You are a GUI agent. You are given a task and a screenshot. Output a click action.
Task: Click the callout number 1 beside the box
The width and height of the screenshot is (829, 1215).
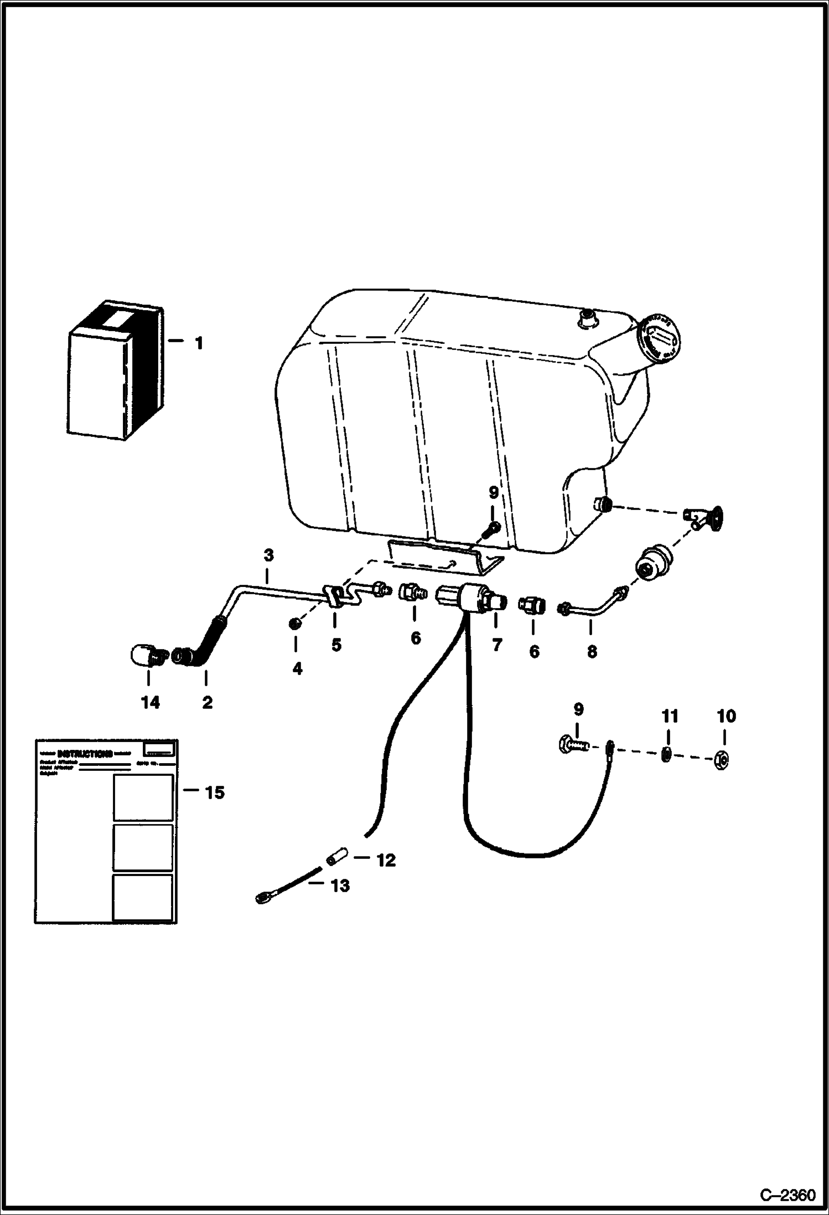click(x=199, y=343)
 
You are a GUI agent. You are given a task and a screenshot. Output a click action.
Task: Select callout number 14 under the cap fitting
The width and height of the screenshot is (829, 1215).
click(x=150, y=703)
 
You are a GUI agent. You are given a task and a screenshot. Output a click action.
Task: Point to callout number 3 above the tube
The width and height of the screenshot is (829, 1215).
click(x=269, y=555)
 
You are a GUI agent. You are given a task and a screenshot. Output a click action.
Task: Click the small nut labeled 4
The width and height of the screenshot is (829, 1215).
click(x=295, y=624)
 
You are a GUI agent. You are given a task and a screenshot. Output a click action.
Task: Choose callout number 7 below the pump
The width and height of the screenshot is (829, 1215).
click(x=496, y=645)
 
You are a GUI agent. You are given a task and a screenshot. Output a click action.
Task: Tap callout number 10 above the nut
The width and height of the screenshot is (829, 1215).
click(x=726, y=717)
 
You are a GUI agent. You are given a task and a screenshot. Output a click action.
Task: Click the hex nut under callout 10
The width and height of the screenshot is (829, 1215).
click(x=721, y=758)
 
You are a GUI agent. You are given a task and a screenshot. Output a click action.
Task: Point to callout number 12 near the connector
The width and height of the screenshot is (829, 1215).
click(x=386, y=860)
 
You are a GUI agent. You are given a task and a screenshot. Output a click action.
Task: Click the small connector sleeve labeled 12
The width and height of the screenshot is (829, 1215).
click(x=336, y=858)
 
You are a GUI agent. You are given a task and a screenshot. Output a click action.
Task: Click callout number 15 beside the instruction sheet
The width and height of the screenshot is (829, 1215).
click(x=215, y=793)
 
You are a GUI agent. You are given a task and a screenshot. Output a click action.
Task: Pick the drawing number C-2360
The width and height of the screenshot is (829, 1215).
click(x=787, y=1191)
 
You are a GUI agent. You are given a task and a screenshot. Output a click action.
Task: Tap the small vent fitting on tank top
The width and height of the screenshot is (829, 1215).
click(x=586, y=319)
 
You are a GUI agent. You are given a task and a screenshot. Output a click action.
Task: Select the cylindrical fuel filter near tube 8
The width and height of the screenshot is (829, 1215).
click(x=652, y=564)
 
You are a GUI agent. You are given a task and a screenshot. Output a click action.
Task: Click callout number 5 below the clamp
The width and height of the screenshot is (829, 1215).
click(x=336, y=645)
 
